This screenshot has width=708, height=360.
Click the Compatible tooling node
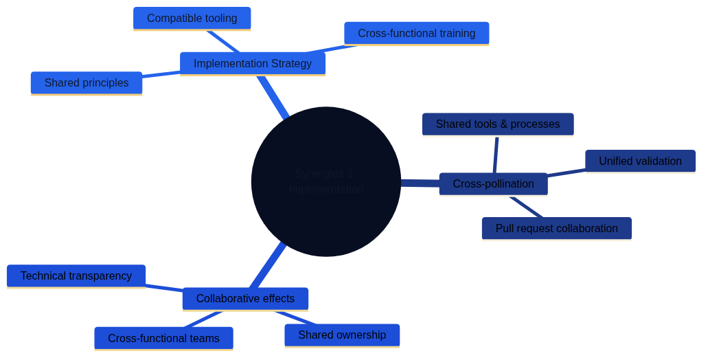pyautogui.click(x=192, y=19)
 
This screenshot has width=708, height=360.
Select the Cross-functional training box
pyautogui.click(x=416, y=33)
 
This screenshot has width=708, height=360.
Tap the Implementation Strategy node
pyautogui.click(x=252, y=63)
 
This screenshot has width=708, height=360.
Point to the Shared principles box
pyautogui.click(x=86, y=83)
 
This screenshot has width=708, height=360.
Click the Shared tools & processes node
pyautogui.click(x=497, y=124)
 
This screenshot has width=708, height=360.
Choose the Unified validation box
pyautogui.click(x=640, y=161)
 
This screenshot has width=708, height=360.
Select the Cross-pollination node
pyautogui.click(x=493, y=184)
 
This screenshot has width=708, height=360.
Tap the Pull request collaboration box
pyautogui.click(x=556, y=229)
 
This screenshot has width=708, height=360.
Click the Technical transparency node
pyautogui.click(x=76, y=276)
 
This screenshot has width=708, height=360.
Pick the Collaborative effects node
pyautogui.click(x=245, y=299)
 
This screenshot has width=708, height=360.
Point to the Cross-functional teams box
pyautogui.click(x=163, y=338)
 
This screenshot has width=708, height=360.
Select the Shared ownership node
pyautogui.click(x=342, y=335)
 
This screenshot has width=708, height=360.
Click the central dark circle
pyautogui.click(x=326, y=181)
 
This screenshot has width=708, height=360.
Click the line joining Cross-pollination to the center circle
pyautogui.click(x=420, y=183)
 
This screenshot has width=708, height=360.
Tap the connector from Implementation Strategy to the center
pyautogui.click(x=273, y=97)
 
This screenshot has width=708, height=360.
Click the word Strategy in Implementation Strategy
pyautogui.click(x=290, y=63)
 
